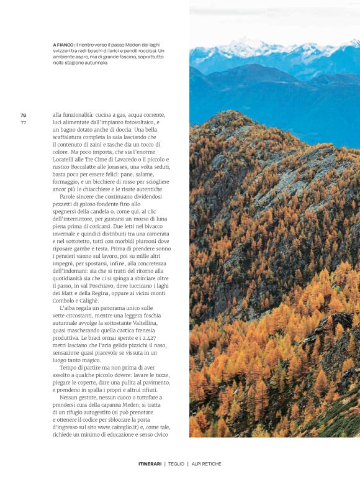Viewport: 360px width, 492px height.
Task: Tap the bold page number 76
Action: [x=23, y=115]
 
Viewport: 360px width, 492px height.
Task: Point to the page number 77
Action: [x=23, y=122]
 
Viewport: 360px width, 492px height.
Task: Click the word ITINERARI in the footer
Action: [x=150, y=464]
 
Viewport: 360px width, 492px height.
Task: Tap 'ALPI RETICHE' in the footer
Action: [x=206, y=464]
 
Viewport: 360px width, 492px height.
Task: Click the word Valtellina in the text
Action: [x=143, y=323]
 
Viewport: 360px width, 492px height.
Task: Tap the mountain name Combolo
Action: [x=66, y=300]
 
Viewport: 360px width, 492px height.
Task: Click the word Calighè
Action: [x=93, y=300]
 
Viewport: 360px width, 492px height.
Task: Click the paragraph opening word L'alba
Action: [x=69, y=308]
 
